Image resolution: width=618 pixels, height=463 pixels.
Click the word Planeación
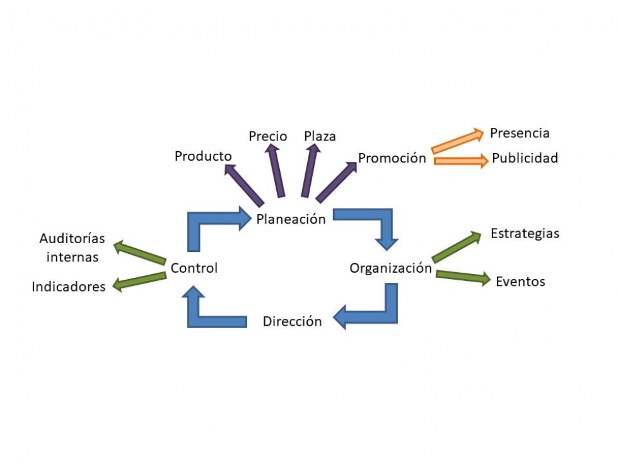[x=291, y=219]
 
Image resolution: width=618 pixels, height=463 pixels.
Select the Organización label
[x=390, y=268]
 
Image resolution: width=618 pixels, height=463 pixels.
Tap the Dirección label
[x=292, y=321]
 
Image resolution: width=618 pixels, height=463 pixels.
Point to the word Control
[x=194, y=268]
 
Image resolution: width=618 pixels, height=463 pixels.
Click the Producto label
[x=203, y=156]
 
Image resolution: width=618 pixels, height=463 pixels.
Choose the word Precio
[x=267, y=136]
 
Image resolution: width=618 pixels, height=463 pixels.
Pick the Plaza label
[x=320, y=136]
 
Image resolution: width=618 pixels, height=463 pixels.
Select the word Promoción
[x=392, y=158]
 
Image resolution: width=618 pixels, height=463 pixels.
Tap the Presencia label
[x=520, y=133]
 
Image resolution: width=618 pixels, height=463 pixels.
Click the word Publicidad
[x=525, y=158]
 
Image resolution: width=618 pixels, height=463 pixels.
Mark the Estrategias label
[x=525, y=234]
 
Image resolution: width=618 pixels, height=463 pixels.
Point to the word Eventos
[x=520, y=282]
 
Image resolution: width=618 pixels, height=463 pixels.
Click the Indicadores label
[x=69, y=287]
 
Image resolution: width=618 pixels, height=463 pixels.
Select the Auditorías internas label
[x=72, y=248]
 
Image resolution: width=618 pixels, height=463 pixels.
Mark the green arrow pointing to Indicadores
[x=139, y=281]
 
